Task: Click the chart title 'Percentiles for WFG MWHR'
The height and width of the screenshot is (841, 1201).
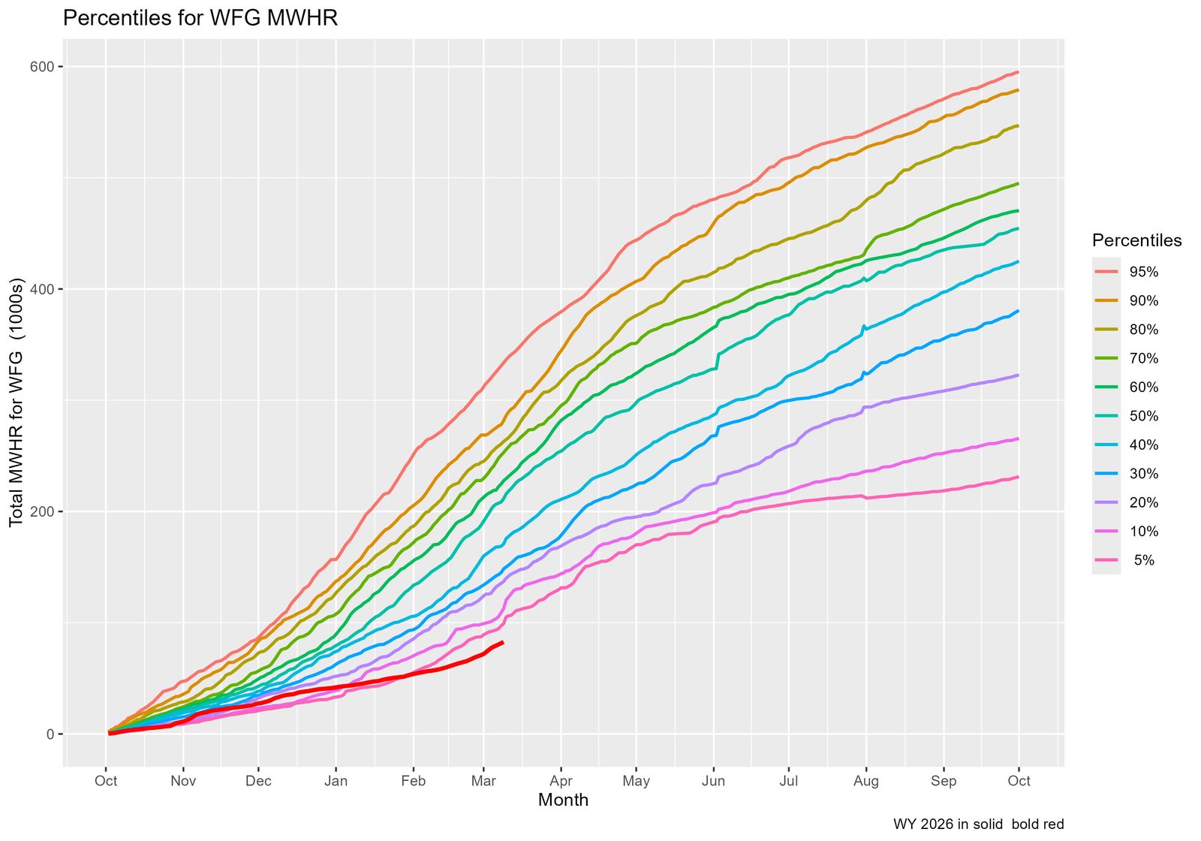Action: click(200, 18)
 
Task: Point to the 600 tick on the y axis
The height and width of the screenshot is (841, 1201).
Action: click(43, 67)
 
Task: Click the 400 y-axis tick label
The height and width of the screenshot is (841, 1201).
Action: click(43, 289)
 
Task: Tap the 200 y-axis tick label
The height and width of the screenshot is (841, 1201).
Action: click(43, 512)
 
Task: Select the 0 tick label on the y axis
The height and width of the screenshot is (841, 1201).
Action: click(50, 734)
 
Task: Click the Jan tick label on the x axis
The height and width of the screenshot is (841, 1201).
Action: click(336, 781)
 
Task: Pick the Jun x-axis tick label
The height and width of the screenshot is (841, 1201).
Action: click(713, 781)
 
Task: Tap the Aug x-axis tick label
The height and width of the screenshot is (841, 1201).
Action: click(865, 781)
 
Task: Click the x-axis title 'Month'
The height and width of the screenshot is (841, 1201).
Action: click(563, 800)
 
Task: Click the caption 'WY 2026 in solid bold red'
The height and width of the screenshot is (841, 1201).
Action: click(978, 824)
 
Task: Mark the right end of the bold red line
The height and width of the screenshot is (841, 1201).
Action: click(502, 642)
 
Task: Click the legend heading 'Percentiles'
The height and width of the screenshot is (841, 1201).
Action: click(1136, 240)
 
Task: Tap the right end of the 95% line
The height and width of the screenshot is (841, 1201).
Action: click(1018, 72)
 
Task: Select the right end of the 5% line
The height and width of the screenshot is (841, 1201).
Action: click(1018, 477)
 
